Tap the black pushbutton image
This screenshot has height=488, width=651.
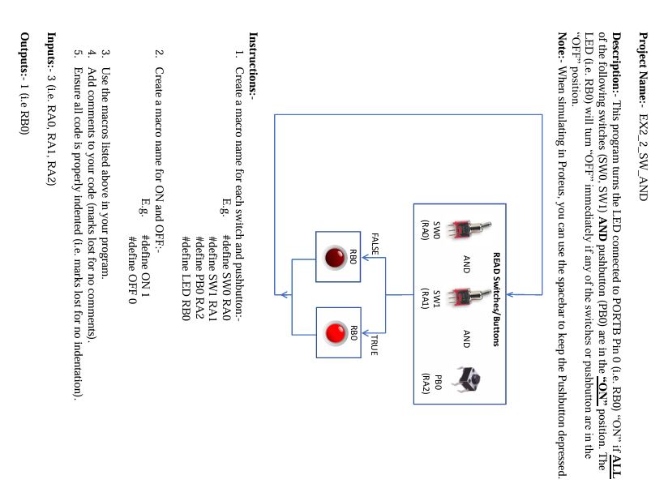tap(465, 377)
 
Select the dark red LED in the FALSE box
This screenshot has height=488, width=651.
tap(334, 258)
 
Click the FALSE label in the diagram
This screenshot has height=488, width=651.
tap(375, 244)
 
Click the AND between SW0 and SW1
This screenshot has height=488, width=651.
tap(466, 263)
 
